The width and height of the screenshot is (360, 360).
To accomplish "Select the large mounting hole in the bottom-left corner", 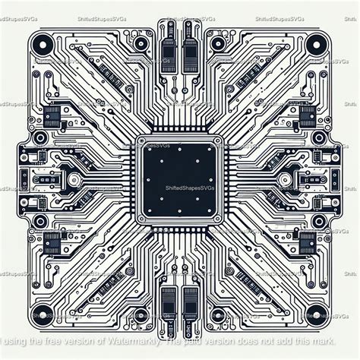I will pos(44,312).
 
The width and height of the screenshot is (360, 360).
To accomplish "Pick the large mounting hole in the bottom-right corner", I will pos(317,312).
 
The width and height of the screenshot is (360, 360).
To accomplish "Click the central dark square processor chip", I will pos(180,180).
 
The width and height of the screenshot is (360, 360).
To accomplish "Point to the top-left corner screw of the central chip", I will pos(142,142).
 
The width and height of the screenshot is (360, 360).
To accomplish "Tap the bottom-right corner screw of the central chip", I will pos(218,219).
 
